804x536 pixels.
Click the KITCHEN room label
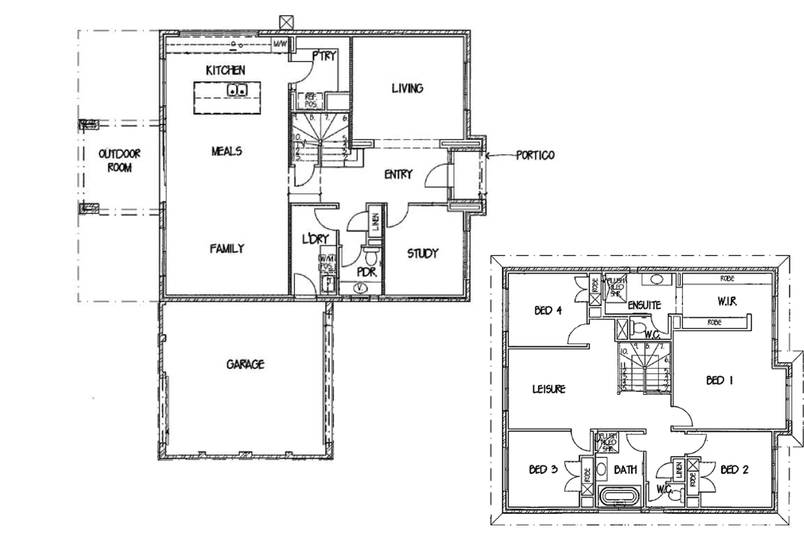pos(225,70)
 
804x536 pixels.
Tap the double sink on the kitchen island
pos(237,90)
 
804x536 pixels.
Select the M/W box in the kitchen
pos(280,44)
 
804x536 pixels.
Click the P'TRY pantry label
pos(324,56)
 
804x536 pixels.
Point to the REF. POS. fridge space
pos(311,101)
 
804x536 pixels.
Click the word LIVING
pos(407,89)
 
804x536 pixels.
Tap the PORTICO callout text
pos(535,155)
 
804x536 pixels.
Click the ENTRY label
pos(398,174)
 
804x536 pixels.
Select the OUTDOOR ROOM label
pos(119,160)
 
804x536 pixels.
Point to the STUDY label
pos(423,254)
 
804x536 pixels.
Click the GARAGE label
pos(245,365)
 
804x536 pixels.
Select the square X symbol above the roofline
pos(286,22)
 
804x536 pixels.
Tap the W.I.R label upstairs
pos(727,301)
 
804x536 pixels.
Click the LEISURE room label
pos(549,389)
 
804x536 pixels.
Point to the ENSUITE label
pos(644,305)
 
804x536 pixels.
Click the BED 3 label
pos(543,469)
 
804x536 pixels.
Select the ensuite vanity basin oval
pos(657,279)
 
